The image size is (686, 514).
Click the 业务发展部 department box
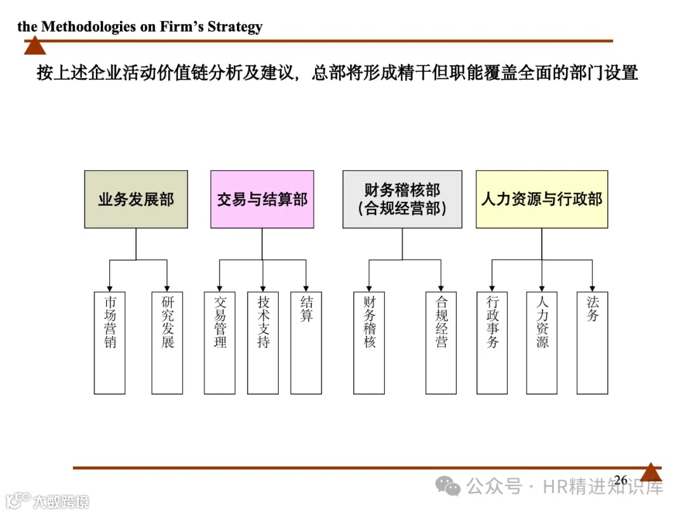[136, 199]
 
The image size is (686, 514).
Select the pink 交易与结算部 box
[262, 199]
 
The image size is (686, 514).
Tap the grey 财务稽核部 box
[402, 199]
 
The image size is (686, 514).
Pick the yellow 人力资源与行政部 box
[542, 199]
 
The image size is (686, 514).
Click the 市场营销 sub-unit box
[110, 343]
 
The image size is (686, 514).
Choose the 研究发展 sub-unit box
[167, 343]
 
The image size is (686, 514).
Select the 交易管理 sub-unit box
[220, 343]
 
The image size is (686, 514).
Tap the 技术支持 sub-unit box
[263, 343]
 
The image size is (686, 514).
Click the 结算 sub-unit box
[306, 343]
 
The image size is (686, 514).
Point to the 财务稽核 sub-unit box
[369, 343]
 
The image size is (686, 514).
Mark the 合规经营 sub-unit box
[441, 343]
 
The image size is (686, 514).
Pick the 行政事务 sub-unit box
[492, 343]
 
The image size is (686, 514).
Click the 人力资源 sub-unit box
[542, 343]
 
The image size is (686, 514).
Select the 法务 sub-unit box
[592, 343]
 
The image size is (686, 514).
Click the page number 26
[621, 480]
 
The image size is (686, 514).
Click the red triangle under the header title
[35, 46]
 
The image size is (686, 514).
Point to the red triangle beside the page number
[650, 473]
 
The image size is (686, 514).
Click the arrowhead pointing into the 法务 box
[592, 287]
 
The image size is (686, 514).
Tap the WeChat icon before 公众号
[452, 487]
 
